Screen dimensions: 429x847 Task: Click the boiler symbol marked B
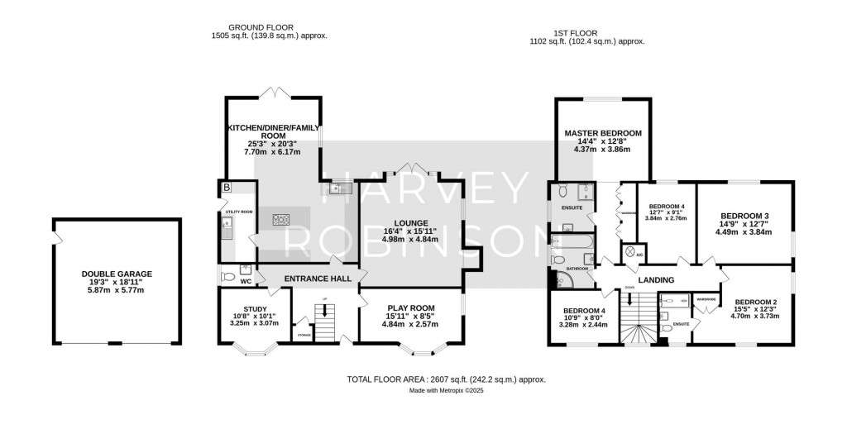226,188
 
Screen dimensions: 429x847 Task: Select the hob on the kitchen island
281,219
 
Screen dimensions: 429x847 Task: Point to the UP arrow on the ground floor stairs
325,312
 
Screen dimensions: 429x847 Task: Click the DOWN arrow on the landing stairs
631,302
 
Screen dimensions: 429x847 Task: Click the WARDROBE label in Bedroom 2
706,298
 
